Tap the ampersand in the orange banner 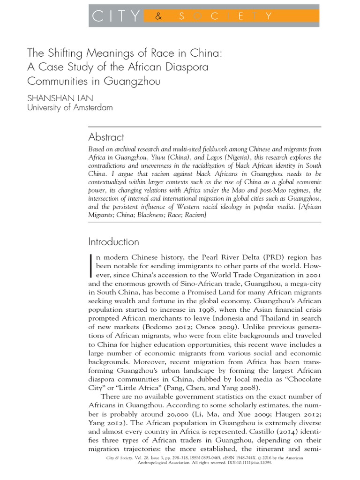158,17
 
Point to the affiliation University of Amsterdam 70,107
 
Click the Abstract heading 106,137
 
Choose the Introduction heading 114,242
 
